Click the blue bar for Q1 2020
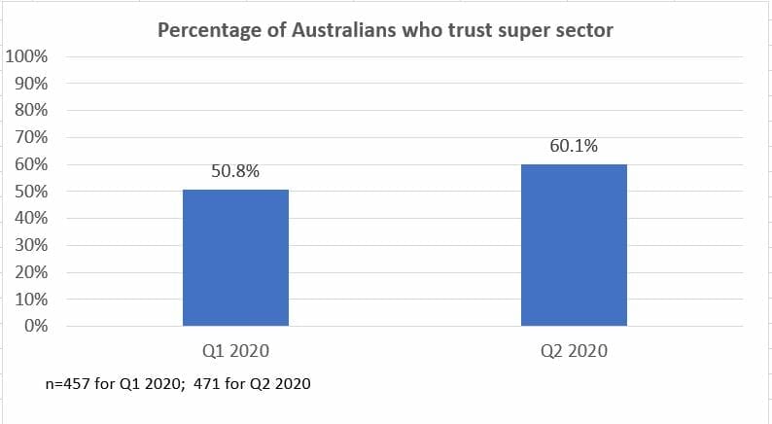pyautogui.click(x=235, y=258)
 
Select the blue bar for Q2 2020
pyautogui.click(x=574, y=244)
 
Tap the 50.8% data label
pyautogui.click(x=235, y=172)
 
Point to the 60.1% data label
pyautogui.click(x=574, y=147)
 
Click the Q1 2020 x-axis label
pyautogui.click(x=235, y=351)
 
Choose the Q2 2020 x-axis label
pyautogui.click(x=574, y=351)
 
